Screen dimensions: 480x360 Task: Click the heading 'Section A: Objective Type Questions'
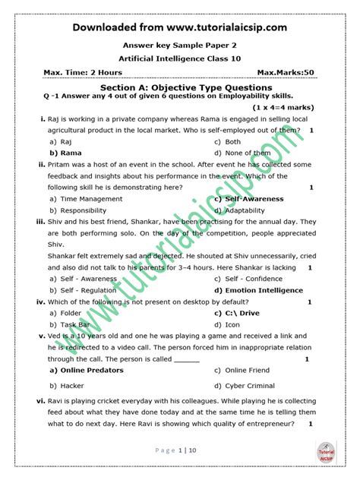180,88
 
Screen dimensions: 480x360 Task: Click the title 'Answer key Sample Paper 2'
180,44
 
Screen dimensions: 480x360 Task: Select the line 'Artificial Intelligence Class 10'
180,58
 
